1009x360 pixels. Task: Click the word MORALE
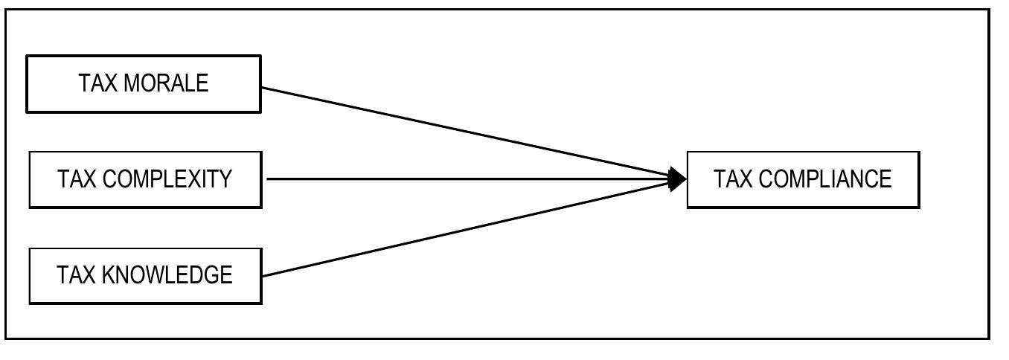coord(166,83)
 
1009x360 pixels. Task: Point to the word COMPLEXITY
coord(167,179)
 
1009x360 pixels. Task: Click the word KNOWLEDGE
coord(167,275)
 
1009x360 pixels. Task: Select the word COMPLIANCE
coord(825,179)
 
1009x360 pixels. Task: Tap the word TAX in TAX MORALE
coord(97,83)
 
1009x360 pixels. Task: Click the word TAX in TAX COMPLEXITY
coord(77,179)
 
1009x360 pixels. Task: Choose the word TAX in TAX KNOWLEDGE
coord(76,275)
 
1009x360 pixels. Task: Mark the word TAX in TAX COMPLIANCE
coord(733,179)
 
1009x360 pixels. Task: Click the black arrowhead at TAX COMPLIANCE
coord(677,179)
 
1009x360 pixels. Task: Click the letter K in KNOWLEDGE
coord(109,275)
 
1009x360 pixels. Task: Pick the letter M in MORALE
coord(132,83)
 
